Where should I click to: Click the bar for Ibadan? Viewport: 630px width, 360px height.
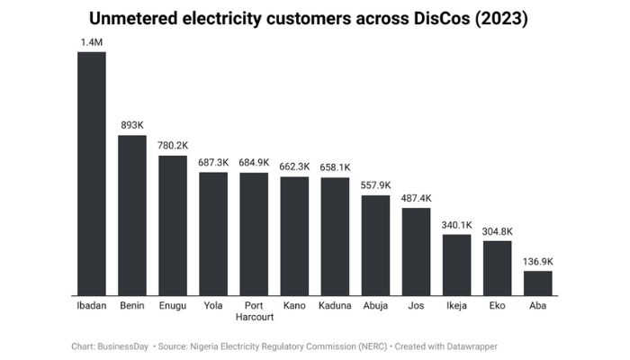pos(91,174)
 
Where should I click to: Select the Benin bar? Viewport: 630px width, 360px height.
pos(132,215)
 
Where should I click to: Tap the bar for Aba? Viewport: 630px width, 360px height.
pos(537,283)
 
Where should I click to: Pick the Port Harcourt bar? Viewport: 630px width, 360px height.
pos(254,234)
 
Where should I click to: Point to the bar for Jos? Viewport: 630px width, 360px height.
pos(416,251)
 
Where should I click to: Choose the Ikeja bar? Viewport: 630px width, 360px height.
pos(456,265)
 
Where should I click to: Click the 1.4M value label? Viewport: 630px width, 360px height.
pos(91,41)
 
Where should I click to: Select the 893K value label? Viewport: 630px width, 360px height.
pos(132,125)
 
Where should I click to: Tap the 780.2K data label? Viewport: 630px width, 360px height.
pos(173,145)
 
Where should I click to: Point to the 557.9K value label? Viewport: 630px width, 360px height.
pos(375,184)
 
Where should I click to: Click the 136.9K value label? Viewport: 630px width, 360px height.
pos(537,261)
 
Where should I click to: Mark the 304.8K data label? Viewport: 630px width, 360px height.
pos(497,230)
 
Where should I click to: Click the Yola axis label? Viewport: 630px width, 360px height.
pos(213,306)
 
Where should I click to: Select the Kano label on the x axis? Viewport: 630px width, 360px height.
pos(294,306)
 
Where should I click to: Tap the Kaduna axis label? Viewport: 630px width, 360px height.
pos(335,306)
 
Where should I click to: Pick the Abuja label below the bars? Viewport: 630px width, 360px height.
pos(375,306)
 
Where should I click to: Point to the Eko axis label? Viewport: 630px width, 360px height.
pos(497,306)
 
